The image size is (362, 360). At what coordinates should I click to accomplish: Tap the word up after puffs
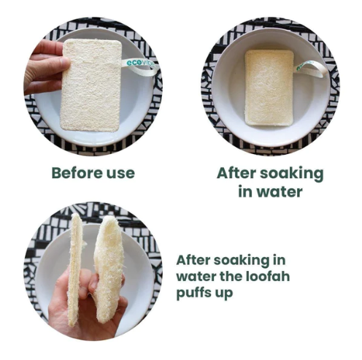click(224, 294)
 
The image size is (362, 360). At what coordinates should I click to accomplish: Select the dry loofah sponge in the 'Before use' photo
click(91, 85)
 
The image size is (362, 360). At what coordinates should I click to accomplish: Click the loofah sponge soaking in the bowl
click(269, 88)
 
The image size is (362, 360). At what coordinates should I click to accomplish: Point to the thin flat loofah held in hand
click(74, 269)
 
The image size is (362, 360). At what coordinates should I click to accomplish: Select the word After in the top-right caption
click(236, 173)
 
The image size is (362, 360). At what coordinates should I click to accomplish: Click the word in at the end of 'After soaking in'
click(279, 260)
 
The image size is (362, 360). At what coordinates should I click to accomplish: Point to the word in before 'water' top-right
click(245, 191)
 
